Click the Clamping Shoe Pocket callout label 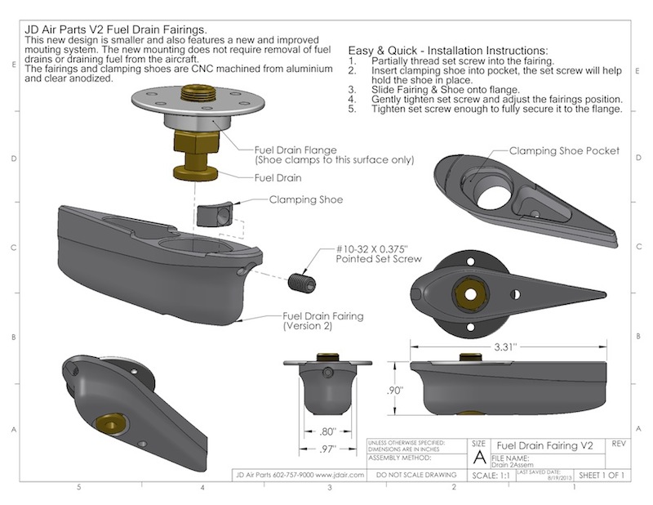point(564,151)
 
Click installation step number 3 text point(445,89)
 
